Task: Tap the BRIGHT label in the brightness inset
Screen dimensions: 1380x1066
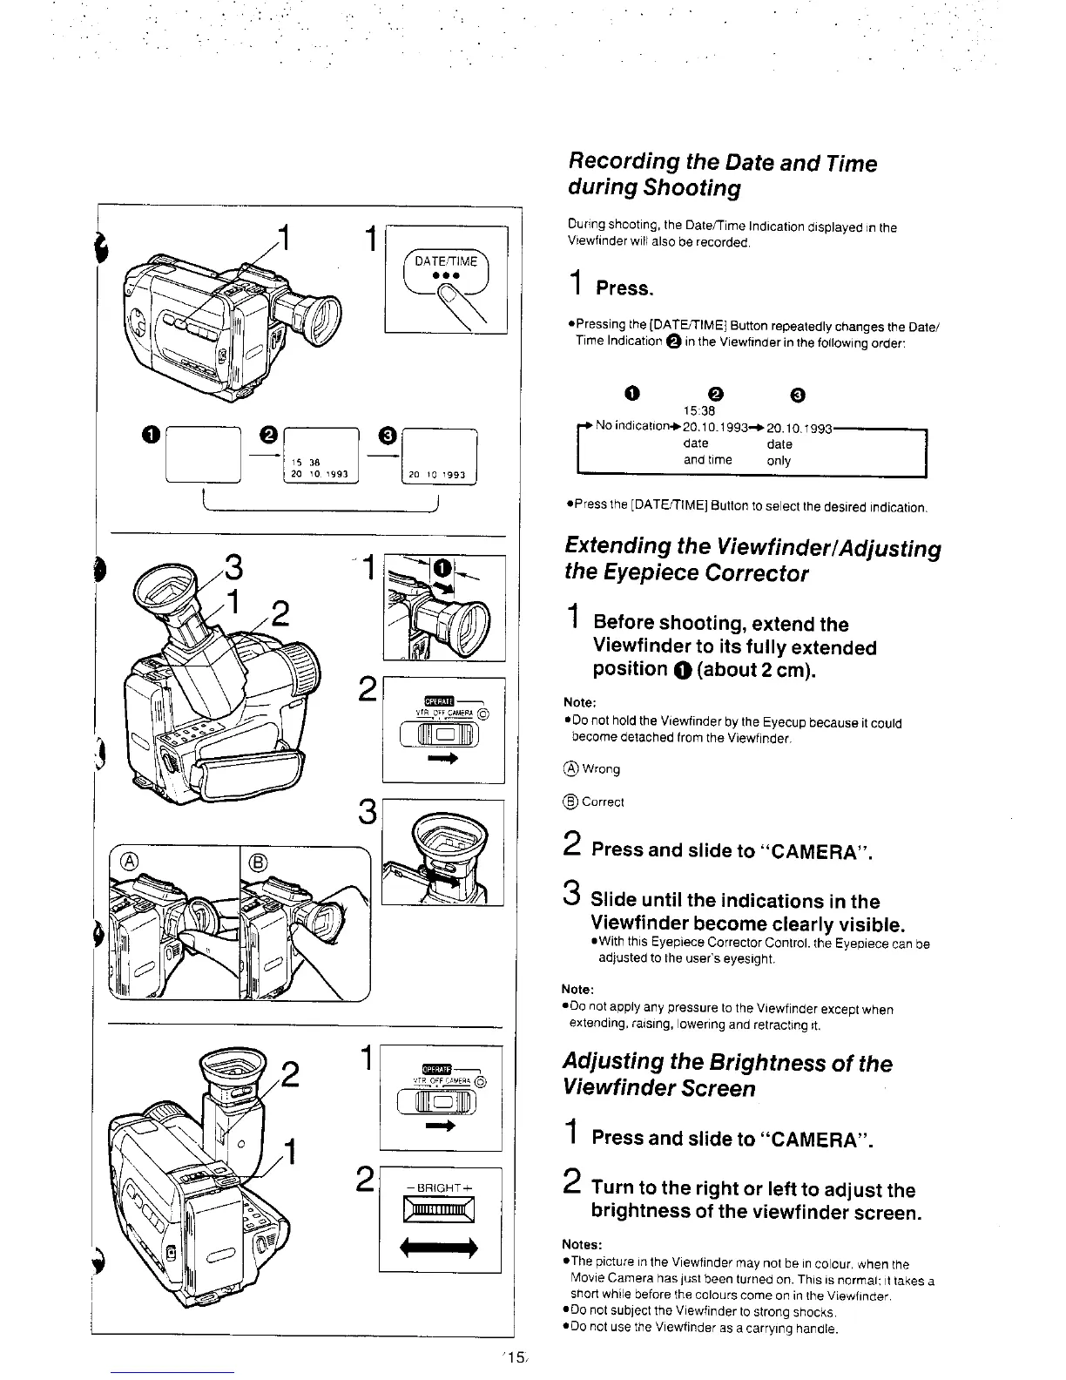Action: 442,1188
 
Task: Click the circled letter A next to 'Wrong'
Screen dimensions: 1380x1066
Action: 571,768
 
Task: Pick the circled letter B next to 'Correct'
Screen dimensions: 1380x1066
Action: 571,802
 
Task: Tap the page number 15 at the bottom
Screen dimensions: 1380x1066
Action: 513,1356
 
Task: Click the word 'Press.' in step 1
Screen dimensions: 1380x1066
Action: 624,288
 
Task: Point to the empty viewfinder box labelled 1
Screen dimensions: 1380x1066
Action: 202,457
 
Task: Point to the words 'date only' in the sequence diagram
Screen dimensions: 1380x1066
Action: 779,452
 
